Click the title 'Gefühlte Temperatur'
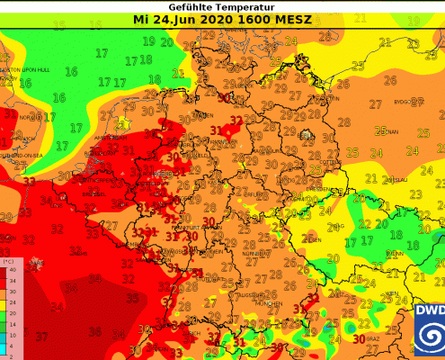pyautogui.click(x=222, y=5)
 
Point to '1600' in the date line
pyautogui.click(x=251, y=18)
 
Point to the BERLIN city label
pyautogui.click(x=307, y=136)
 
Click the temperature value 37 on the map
pyautogui.click(x=41, y=337)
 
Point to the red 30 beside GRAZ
pyautogui.click(x=360, y=339)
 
